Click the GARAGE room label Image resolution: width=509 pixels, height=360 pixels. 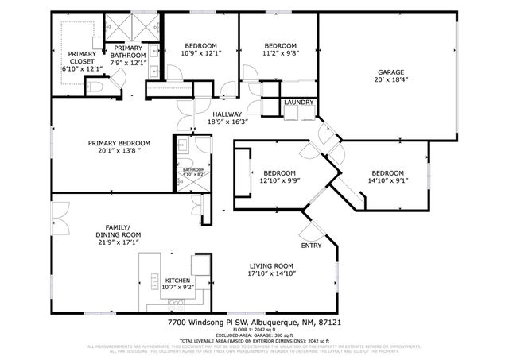390,72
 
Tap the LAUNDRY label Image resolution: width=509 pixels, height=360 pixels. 299,103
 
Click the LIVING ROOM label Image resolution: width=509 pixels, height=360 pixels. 273,265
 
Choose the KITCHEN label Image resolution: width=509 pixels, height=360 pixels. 178,281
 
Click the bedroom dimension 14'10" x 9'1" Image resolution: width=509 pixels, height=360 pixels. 387,181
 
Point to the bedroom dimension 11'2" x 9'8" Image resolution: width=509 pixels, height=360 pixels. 280,54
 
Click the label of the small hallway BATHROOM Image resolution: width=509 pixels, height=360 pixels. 194,169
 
